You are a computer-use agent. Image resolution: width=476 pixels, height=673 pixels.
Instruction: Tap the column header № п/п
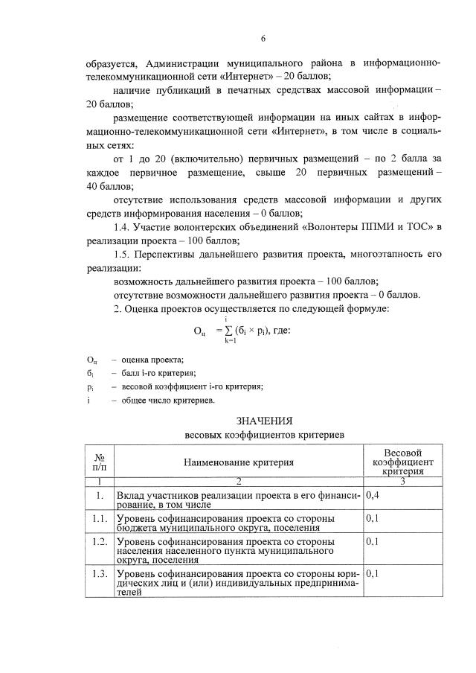tap(100, 462)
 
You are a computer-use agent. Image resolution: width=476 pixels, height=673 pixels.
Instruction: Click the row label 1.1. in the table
tap(100, 517)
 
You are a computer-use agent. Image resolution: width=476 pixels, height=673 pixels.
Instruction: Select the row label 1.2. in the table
tap(100, 540)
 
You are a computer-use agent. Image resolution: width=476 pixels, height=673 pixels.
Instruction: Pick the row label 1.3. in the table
tap(100, 574)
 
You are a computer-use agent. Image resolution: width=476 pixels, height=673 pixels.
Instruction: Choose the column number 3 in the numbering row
tap(402, 481)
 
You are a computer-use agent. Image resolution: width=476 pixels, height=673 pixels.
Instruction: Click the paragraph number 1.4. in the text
tap(124, 227)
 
